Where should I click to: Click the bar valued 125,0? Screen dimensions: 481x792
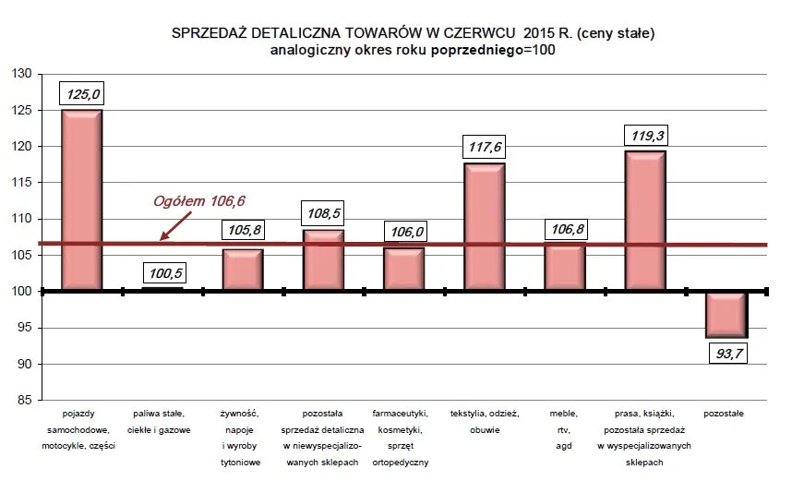81,199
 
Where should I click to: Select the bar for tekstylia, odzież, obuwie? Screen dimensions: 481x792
484,227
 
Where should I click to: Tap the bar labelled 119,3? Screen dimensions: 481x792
644,221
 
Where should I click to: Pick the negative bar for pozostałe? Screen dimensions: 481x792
725,315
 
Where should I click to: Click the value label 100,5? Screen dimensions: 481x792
162,273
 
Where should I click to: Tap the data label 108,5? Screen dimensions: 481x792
323,213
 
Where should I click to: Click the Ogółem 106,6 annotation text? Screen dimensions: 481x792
199,200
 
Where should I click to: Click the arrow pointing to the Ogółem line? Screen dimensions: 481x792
175,225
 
